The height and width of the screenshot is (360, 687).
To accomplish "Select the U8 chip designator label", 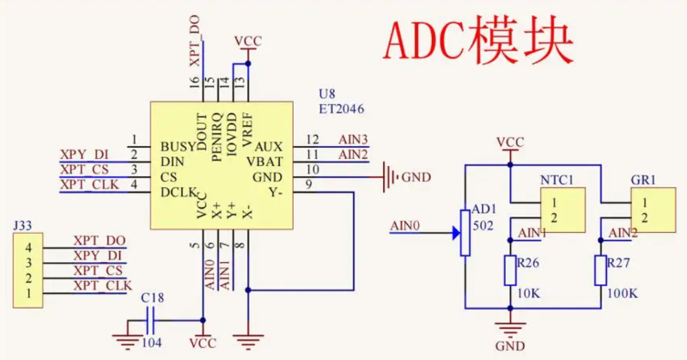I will (x=327, y=94).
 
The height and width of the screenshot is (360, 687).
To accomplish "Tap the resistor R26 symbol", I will (x=510, y=271).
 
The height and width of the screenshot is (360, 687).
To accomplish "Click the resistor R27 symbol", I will (x=600, y=271).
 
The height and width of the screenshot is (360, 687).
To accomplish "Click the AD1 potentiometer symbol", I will (x=465, y=231).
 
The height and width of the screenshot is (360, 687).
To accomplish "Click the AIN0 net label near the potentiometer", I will (x=405, y=227).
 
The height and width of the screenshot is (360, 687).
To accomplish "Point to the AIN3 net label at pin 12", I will (x=353, y=139).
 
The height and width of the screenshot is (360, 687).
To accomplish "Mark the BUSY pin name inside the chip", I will (x=178, y=147).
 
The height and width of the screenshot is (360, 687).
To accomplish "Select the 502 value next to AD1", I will (x=483, y=225).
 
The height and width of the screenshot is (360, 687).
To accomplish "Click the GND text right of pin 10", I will (x=416, y=177).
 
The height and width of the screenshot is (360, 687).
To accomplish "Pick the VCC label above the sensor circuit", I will (x=510, y=142).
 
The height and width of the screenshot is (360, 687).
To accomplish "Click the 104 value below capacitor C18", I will (x=152, y=345).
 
